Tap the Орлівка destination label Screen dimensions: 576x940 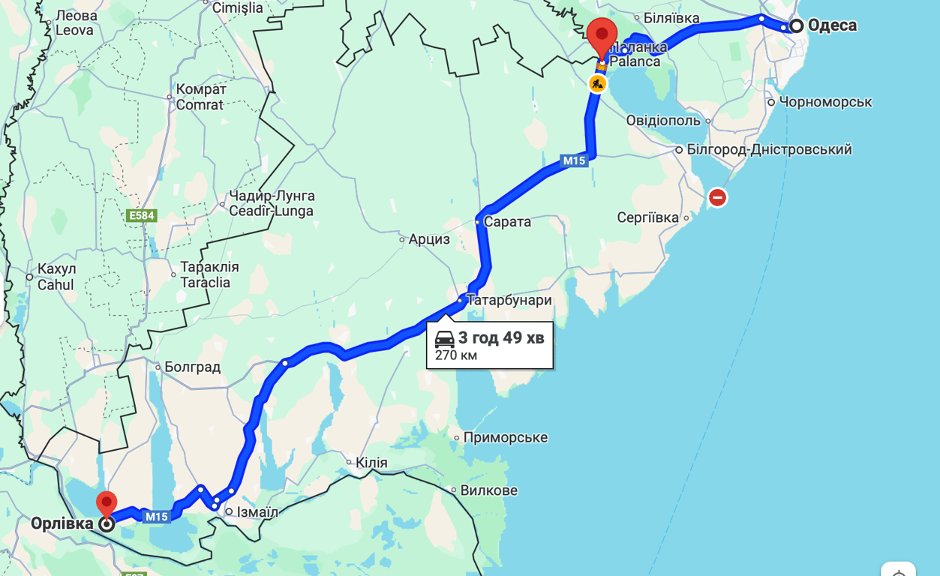click(62, 523)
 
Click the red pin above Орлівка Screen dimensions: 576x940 click(107, 502)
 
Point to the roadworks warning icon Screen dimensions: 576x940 click(597, 83)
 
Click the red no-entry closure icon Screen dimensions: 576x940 click(717, 197)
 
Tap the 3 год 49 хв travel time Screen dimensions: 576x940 click(501, 337)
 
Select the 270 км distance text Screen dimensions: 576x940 click(456, 355)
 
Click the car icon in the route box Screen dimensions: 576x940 click(444, 338)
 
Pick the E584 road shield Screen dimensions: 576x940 click(141, 216)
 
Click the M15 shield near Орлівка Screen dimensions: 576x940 click(157, 516)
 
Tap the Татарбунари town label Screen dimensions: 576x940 click(509, 300)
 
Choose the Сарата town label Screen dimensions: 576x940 click(507, 221)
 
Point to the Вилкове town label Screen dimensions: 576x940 click(488, 490)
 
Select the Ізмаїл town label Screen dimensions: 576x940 click(257, 512)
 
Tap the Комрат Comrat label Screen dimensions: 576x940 click(200, 97)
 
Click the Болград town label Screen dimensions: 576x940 click(192, 367)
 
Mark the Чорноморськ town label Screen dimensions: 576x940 click(825, 101)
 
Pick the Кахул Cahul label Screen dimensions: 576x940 click(56, 277)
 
